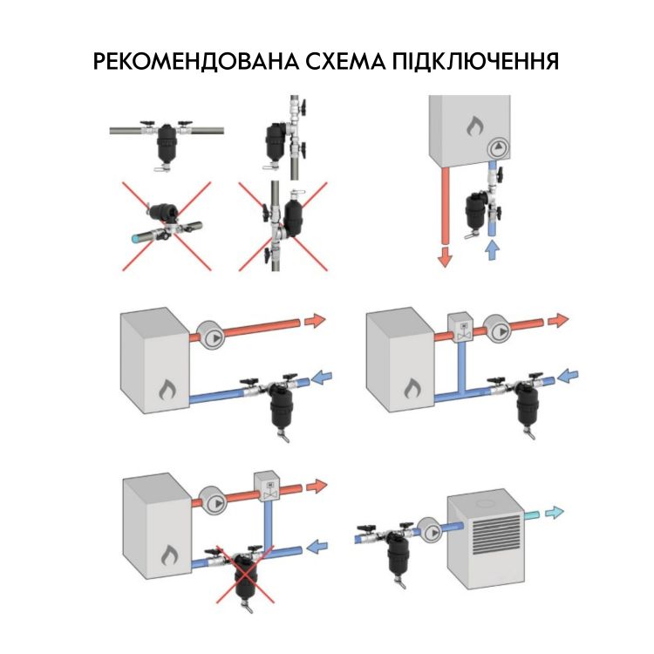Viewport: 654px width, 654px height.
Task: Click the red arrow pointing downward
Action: (445, 255)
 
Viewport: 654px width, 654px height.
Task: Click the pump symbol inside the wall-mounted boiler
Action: (498, 148)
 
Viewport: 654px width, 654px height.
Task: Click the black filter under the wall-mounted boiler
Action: (474, 204)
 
